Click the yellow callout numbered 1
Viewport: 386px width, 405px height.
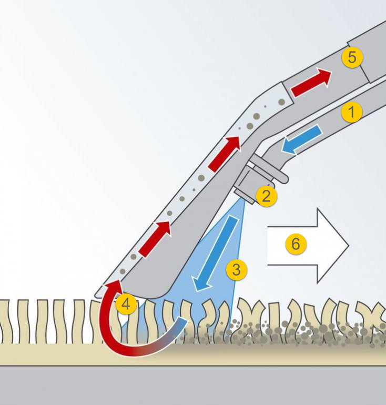point(352,112)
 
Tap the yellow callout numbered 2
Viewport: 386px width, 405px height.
point(267,196)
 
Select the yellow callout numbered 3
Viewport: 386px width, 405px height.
point(237,270)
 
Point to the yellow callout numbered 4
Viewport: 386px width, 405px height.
point(126,304)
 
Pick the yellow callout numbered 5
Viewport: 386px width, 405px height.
point(352,57)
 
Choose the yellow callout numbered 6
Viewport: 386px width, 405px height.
point(296,244)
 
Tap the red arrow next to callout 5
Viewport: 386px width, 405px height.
point(311,83)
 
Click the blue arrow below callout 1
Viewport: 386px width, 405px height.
point(301,139)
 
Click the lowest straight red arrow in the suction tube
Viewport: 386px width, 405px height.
point(155,239)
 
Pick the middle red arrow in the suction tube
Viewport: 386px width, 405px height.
point(224,154)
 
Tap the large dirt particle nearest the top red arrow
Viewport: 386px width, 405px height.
point(282,102)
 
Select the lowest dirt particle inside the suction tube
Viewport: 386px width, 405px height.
point(123,272)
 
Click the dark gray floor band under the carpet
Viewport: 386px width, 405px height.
point(193,386)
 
